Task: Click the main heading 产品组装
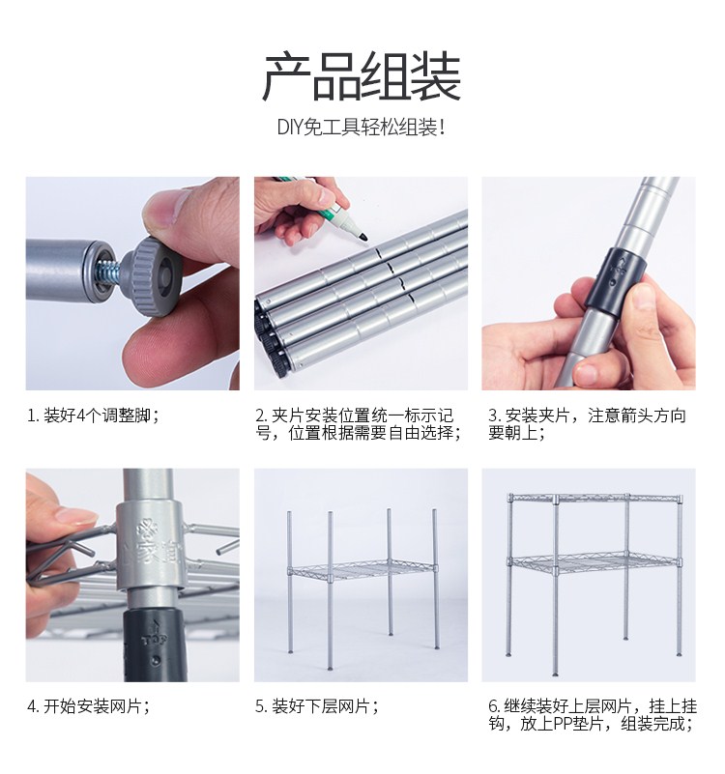tap(362, 76)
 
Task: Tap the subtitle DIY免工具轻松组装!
tap(361, 128)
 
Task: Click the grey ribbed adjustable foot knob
tap(151, 277)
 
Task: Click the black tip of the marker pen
tap(363, 237)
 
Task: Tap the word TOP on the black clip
tap(155, 641)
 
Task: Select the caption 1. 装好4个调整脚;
tap(93, 416)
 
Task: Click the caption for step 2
tap(359, 424)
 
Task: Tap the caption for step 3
tap(587, 424)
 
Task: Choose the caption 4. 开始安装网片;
tap(88, 706)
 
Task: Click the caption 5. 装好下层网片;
tap(316, 706)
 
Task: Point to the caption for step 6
tap(592, 715)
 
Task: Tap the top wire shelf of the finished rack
tap(595, 498)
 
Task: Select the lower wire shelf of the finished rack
tap(595, 562)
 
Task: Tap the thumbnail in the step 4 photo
tap(74, 516)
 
